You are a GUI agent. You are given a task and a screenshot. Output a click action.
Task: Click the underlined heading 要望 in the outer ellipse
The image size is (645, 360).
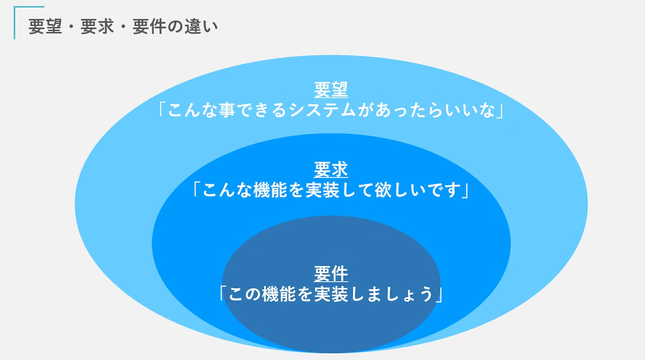tap(331, 90)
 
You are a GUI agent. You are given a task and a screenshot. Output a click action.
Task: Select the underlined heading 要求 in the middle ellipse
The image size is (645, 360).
tap(331, 170)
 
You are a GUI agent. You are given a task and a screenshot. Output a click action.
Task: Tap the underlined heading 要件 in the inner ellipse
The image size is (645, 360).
tap(331, 274)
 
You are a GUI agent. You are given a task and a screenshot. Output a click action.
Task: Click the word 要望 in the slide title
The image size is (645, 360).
tap(45, 26)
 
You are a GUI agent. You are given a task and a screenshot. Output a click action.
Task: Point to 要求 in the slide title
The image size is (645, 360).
tap(97, 26)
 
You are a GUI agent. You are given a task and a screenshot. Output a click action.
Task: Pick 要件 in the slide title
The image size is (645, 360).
tap(149, 26)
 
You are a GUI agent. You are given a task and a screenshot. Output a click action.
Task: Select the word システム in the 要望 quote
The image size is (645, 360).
tap(322, 110)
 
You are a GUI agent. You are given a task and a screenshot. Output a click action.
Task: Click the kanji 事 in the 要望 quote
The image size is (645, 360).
tap(227, 110)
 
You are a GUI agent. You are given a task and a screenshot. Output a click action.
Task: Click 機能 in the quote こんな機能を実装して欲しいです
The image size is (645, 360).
tap(270, 190)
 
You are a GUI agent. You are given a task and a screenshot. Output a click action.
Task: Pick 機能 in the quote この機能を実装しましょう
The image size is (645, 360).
tap(279, 294)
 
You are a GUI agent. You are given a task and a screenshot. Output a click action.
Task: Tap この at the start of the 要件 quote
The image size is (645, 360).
tap(245, 294)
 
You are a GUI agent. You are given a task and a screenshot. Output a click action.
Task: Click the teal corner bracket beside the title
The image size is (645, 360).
tap(15, 23)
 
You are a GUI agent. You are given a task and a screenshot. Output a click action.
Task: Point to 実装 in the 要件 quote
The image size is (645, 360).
tap(331, 294)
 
